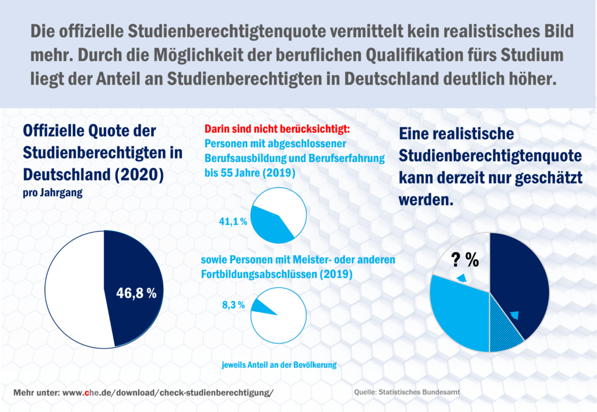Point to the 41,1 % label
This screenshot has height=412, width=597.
(x=233, y=222)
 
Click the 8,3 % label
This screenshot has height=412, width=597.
(x=234, y=305)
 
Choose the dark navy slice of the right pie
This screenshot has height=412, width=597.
(x=522, y=280)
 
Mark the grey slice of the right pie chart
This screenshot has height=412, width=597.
(x=461, y=256)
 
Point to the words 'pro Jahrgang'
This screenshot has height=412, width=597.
(x=52, y=193)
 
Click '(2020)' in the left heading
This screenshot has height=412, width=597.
(x=139, y=174)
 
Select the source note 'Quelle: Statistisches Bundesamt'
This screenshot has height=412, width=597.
(x=408, y=393)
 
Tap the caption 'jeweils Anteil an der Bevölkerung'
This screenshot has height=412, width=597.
(x=279, y=365)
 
